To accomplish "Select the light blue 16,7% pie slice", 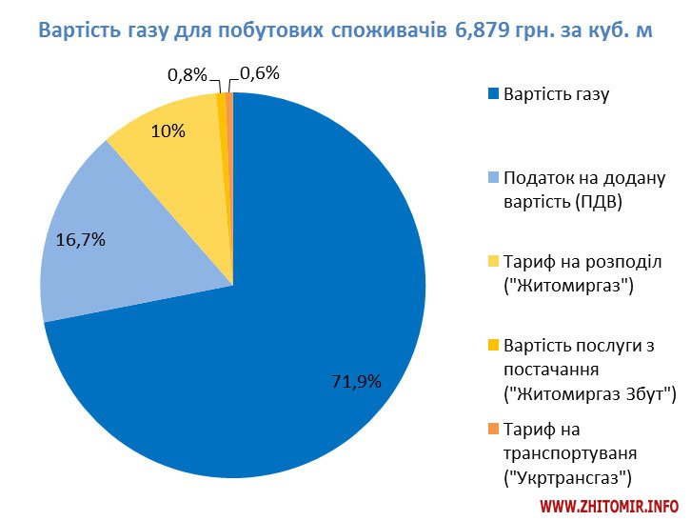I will [x=114, y=238].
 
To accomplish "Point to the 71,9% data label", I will [x=356, y=382].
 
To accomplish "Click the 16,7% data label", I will [x=81, y=239].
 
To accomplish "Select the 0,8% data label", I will [x=186, y=73].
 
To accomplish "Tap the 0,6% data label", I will [x=260, y=73].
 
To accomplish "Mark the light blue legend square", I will [x=493, y=177].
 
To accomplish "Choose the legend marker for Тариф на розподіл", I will [x=493, y=261].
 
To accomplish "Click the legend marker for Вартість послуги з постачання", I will [x=493, y=344].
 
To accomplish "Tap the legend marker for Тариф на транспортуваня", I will [x=493, y=429].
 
